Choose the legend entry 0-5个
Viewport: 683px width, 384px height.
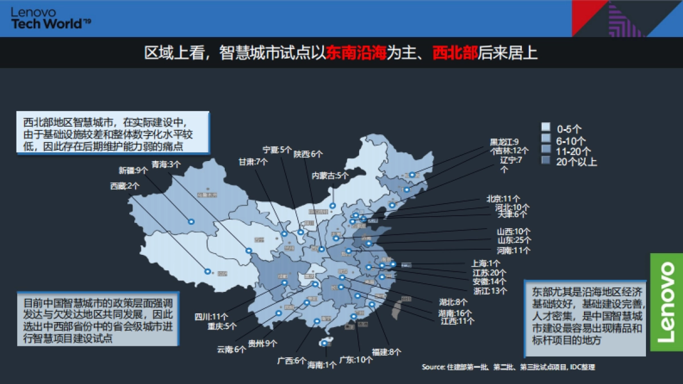coord(569,129)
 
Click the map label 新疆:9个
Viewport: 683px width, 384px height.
coord(133,170)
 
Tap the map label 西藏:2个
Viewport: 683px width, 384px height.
coord(125,186)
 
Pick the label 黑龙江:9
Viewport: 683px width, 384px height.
coord(504,142)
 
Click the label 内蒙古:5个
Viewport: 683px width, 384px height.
coord(330,175)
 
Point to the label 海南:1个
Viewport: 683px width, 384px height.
coord(322,365)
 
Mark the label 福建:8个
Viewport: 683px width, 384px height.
coord(387,352)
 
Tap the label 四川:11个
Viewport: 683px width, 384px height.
coord(212,316)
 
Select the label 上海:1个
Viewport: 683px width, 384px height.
coord(485,263)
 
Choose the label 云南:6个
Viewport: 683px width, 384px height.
coord(232,350)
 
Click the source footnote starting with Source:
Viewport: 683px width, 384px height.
coord(508,367)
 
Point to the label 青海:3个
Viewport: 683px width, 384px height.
coord(166,164)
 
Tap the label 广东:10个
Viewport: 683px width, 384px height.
coord(356,360)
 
